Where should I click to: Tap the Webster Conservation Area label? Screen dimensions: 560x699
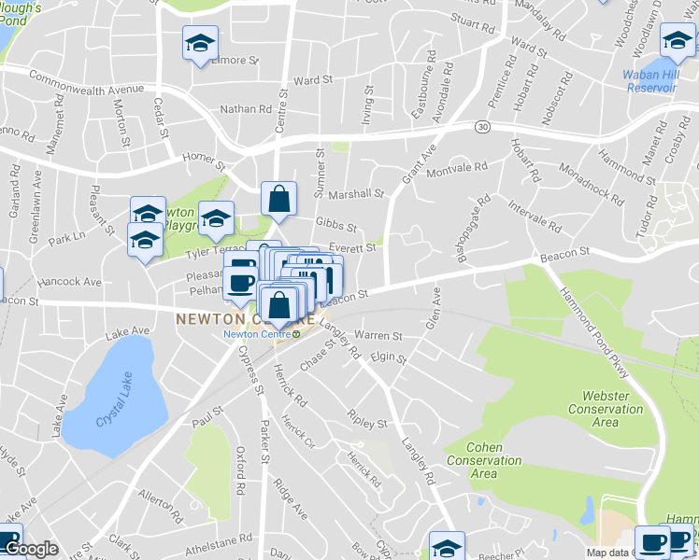pos(606,409)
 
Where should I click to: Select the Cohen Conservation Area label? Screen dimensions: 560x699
pos(483,460)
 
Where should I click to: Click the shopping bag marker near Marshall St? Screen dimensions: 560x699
pos(278,199)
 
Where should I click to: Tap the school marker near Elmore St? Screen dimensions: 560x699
pos(198,44)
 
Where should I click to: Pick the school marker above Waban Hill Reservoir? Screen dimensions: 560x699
pos(678,40)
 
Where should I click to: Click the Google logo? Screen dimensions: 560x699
pos(31,549)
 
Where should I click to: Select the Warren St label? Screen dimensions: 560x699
pos(378,335)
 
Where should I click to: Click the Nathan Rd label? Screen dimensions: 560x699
pos(245,109)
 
